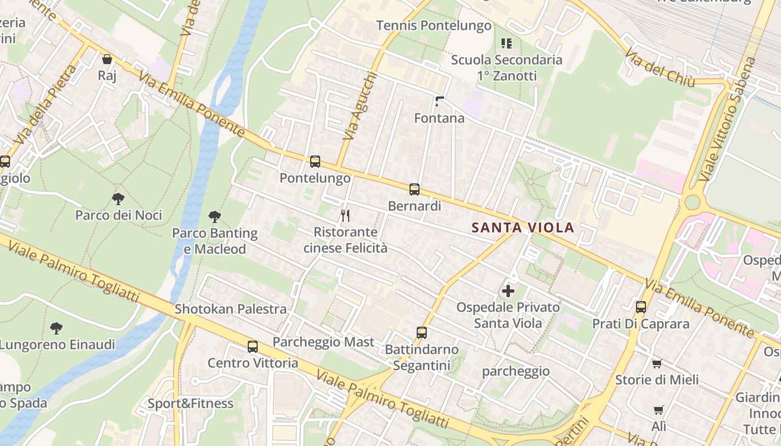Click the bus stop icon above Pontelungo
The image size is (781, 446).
click(315, 162)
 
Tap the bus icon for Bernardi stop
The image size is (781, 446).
click(414, 190)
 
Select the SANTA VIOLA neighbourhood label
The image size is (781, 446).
click(522, 227)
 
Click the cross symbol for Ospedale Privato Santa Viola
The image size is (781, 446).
click(508, 290)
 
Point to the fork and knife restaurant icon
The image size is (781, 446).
click(345, 215)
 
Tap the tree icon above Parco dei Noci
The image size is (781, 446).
click(118, 198)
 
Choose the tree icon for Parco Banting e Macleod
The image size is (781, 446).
click(214, 217)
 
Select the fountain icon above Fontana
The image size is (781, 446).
click(440, 101)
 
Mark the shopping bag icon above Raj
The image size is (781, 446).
click(107, 59)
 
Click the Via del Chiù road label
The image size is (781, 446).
click(659, 67)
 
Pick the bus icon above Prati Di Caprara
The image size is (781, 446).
click(640, 307)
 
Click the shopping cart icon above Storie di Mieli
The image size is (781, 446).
click(657, 364)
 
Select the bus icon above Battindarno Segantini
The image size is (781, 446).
click(422, 333)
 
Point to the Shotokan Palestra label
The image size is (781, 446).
click(230, 309)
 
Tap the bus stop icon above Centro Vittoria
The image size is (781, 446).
click(253, 346)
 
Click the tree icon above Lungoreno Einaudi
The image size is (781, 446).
click(56, 328)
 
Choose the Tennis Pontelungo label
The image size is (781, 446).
click(433, 26)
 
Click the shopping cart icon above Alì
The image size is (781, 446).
click(658, 410)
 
